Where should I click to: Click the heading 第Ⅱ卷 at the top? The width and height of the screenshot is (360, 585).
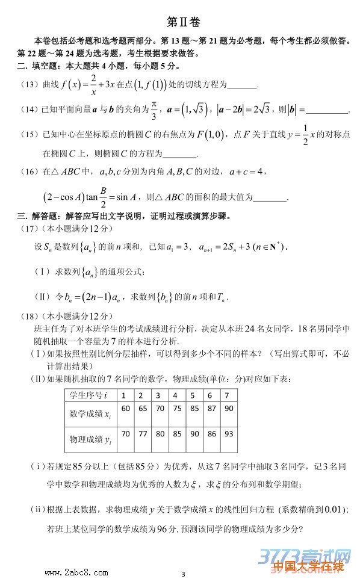coord(181,22)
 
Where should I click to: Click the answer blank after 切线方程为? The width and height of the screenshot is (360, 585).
coord(242,87)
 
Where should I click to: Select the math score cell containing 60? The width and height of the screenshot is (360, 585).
coord(125,409)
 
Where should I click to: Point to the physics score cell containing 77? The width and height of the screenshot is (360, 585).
coord(142,434)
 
